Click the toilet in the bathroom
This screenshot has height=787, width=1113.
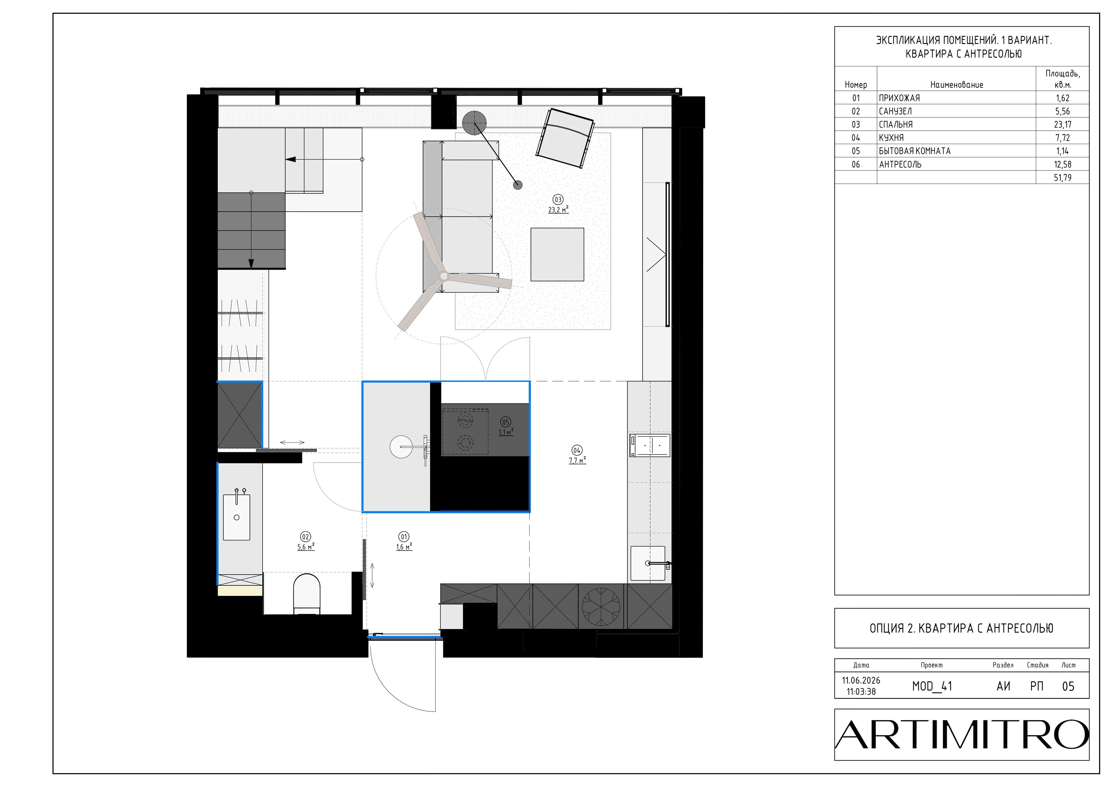tap(307, 594)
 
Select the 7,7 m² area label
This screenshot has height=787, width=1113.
tap(577, 460)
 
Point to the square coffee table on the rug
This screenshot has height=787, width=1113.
tap(557, 255)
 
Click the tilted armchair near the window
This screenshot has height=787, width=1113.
tap(565, 138)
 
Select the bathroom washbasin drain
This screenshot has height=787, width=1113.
tap(237, 517)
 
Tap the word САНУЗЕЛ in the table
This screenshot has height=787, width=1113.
tap(895, 111)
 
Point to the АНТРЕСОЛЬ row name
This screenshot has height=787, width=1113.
tap(900, 164)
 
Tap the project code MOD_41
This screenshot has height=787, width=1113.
tap(932, 686)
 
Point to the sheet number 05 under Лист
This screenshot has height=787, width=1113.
tap(1068, 686)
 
